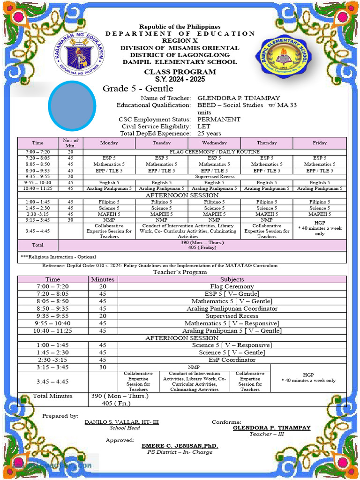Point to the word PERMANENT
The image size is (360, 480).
(219, 120)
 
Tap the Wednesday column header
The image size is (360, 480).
(214, 143)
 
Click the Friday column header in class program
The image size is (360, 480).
(320, 143)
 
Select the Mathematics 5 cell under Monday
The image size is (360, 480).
(109, 165)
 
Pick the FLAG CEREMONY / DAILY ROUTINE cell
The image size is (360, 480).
(214, 152)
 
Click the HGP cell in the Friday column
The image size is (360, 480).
(320, 228)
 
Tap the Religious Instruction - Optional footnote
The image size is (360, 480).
(59, 257)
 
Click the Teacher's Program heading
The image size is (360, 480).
(180, 272)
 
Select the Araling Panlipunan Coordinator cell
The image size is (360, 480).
(232, 309)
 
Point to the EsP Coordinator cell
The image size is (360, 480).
(232, 360)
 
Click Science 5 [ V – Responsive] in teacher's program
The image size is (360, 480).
(232, 345)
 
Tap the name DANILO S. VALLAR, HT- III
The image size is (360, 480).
(121, 422)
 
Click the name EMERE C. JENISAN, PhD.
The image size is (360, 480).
(180, 446)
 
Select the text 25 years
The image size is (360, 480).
(210, 134)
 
